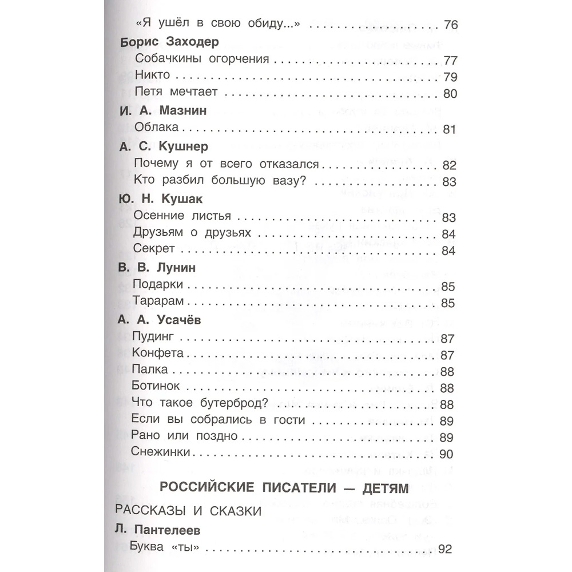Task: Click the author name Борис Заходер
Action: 170,43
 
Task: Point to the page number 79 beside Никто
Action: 448,77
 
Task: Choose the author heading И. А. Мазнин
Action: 163,112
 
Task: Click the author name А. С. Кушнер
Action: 162,147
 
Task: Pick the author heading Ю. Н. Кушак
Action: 161,199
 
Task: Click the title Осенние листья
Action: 181,216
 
